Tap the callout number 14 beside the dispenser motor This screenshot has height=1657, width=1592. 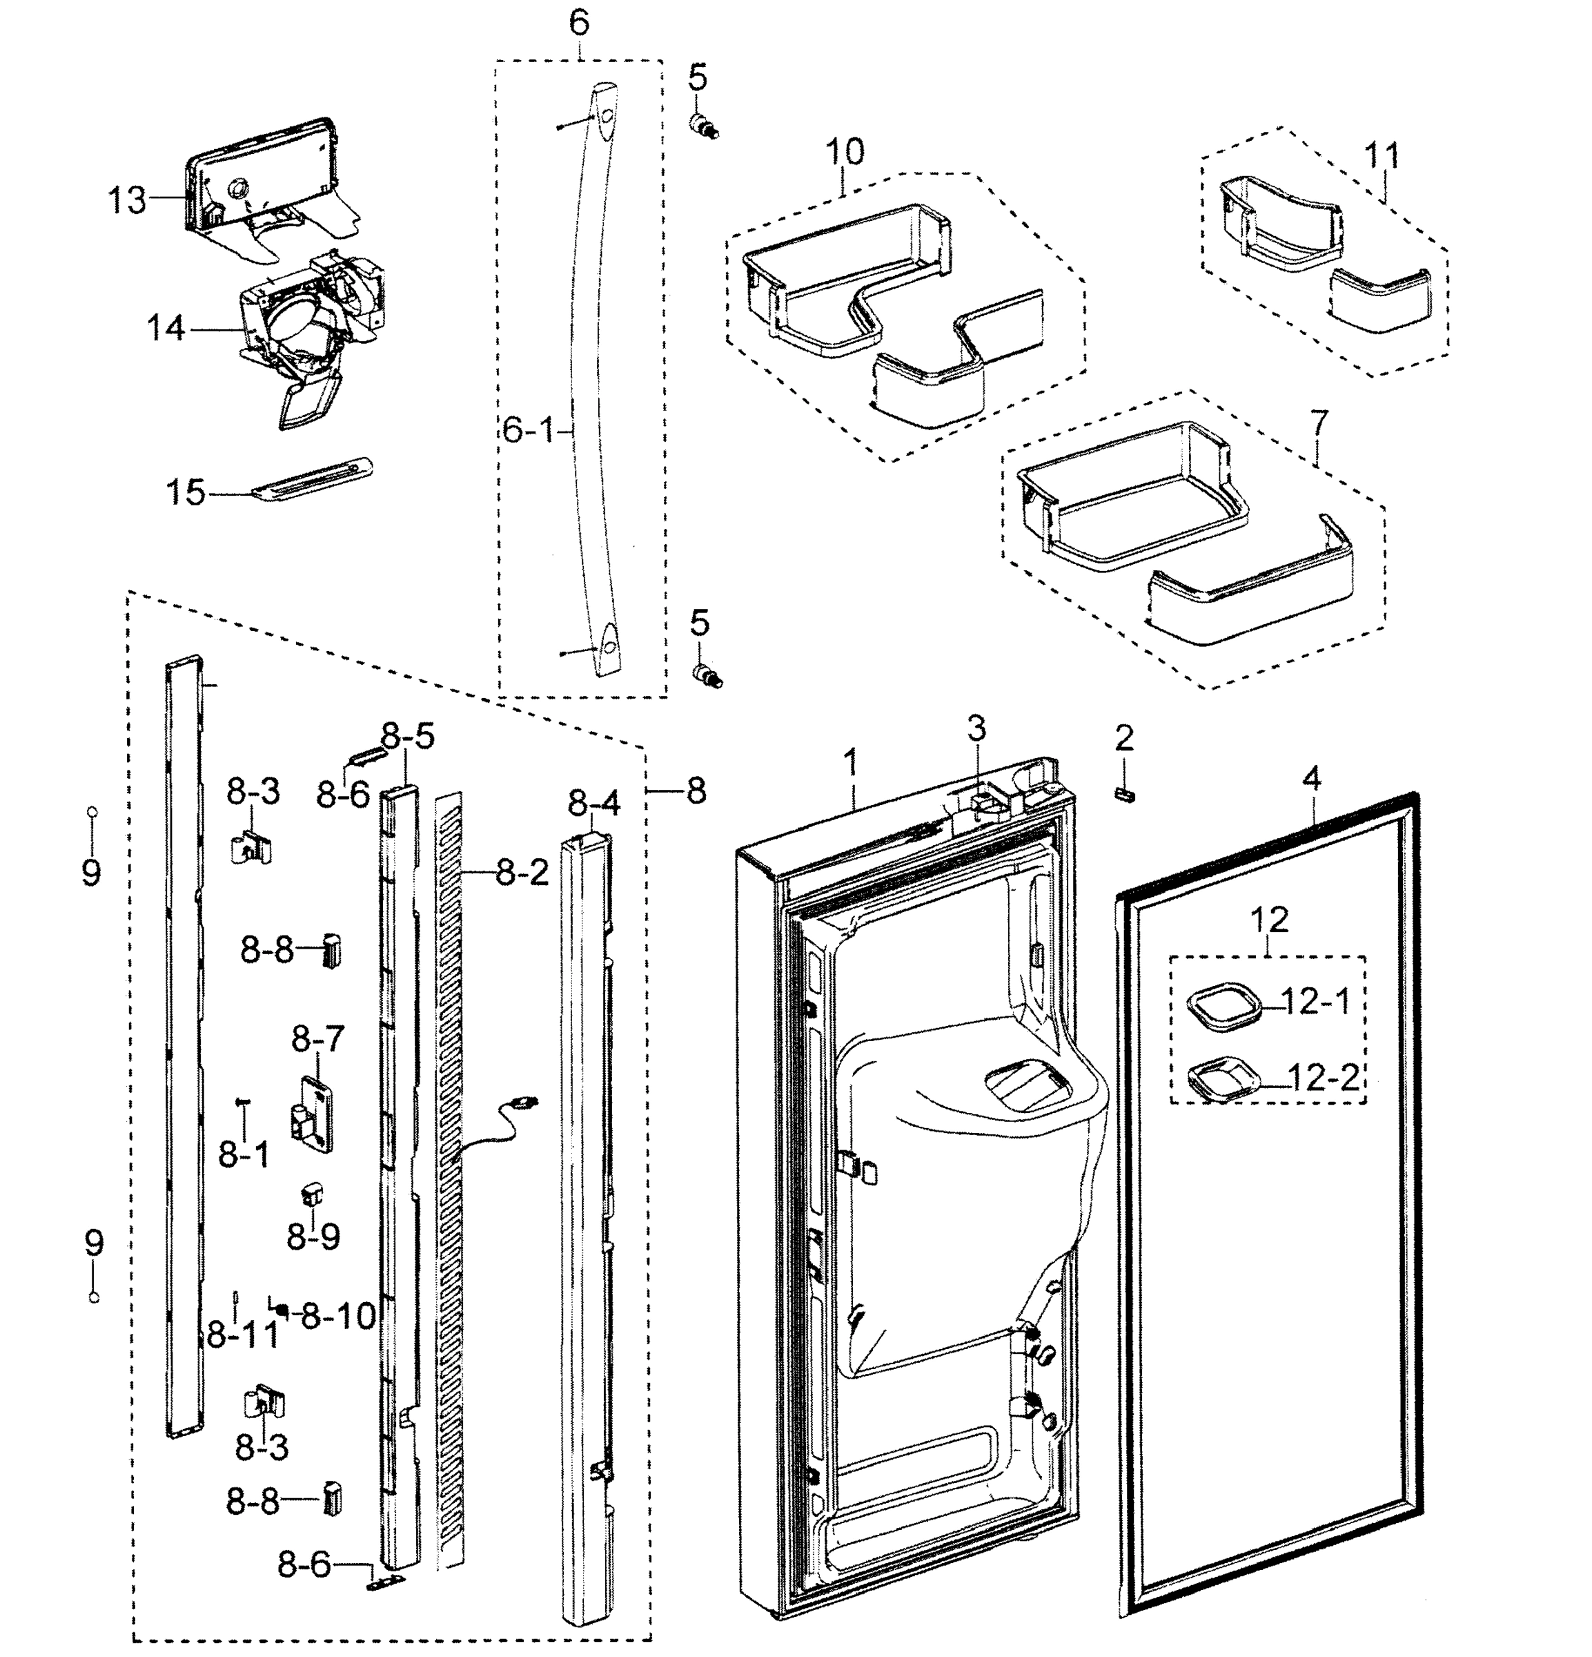(166, 328)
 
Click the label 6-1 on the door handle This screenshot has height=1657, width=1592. (527, 431)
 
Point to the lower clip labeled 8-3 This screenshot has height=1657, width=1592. (265, 1404)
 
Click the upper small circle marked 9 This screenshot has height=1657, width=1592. (92, 812)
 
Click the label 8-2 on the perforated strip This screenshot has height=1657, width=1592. (522, 873)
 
